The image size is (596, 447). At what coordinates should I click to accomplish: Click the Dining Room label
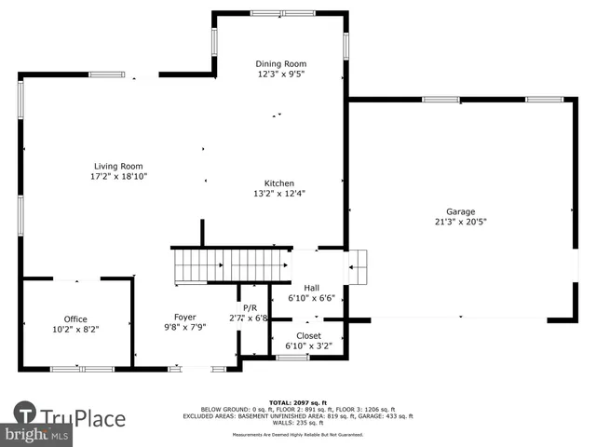point(280,64)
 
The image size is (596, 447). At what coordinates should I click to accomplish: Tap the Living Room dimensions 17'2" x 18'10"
point(118,176)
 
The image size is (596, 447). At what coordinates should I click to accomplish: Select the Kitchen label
point(279,183)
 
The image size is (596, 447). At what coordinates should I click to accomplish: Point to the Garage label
point(460,211)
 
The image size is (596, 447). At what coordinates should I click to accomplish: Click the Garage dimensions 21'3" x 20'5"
point(460,222)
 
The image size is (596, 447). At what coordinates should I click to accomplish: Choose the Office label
point(75,319)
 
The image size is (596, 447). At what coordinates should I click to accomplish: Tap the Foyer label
point(184,318)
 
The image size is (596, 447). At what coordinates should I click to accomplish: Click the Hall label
point(311,289)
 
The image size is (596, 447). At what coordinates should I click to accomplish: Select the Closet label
point(308,335)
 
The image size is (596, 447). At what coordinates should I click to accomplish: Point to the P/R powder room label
point(250,307)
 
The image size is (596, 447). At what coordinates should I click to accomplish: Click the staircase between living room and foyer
point(230,264)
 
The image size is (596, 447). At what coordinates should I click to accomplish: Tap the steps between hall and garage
point(358,267)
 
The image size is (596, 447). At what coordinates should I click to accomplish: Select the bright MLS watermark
point(37,435)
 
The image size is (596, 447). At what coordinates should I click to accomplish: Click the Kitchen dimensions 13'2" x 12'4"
point(279,194)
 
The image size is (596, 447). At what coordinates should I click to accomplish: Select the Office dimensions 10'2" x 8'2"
point(75,329)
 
